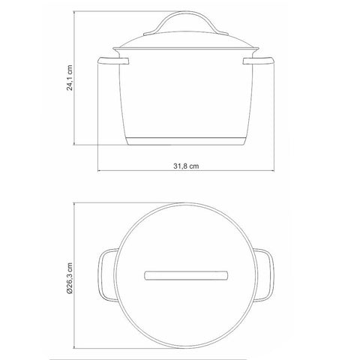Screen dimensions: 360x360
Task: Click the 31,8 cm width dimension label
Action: tap(186, 166)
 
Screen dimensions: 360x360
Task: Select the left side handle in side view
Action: tap(113, 61)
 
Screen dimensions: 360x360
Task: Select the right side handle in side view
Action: tap(259, 61)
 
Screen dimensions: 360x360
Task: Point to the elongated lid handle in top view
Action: tap(186, 275)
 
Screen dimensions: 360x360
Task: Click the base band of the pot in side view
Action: tap(186, 141)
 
